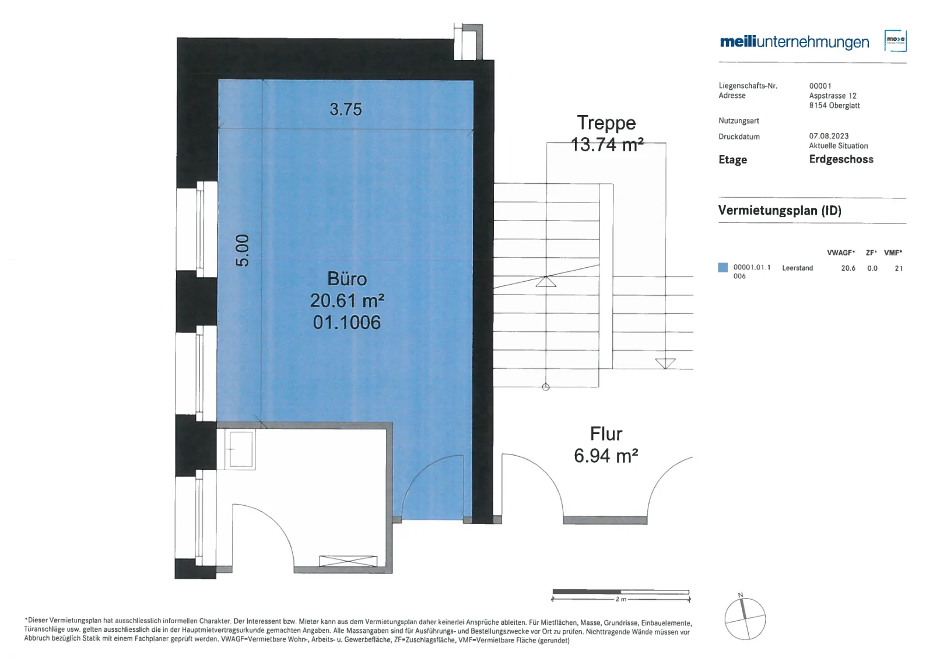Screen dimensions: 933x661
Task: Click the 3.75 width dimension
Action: (x=346, y=109)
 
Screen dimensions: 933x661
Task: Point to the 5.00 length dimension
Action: (x=242, y=250)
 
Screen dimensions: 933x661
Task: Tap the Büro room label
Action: (x=347, y=279)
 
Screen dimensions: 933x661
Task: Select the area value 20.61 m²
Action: (x=347, y=300)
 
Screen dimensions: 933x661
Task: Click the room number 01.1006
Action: (x=347, y=322)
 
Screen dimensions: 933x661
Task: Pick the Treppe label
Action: (x=606, y=123)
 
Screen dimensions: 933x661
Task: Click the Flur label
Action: (x=606, y=434)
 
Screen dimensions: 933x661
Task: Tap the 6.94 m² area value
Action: (x=606, y=456)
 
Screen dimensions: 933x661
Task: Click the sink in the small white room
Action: (x=240, y=449)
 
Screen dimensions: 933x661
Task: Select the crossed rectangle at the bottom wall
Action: (x=348, y=561)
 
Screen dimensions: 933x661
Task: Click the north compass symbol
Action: (x=745, y=618)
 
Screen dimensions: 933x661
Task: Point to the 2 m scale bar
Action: (x=620, y=594)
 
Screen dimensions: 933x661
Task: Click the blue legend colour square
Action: (x=723, y=268)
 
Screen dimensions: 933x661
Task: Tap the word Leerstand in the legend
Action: (x=798, y=268)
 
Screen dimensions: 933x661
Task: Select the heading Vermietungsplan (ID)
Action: (x=780, y=211)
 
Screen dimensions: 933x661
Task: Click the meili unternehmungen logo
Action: (x=794, y=42)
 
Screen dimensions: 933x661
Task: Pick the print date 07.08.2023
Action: (x=829, y=136)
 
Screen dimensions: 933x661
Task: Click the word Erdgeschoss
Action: (x=841, y=159)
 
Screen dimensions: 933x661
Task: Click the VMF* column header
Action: (x=893, y=253)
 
